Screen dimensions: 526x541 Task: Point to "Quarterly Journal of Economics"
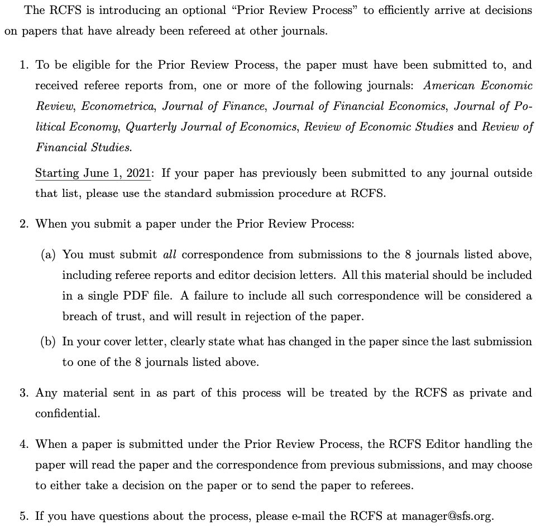211,127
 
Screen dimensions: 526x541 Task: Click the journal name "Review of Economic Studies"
379,127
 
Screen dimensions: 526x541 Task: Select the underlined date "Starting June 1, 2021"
93,173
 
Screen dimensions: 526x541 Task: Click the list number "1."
24,65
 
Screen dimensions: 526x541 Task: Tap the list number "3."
24,393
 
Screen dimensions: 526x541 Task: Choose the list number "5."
24,516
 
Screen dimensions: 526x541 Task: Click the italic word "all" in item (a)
169,254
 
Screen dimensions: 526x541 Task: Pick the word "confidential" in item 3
67,414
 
